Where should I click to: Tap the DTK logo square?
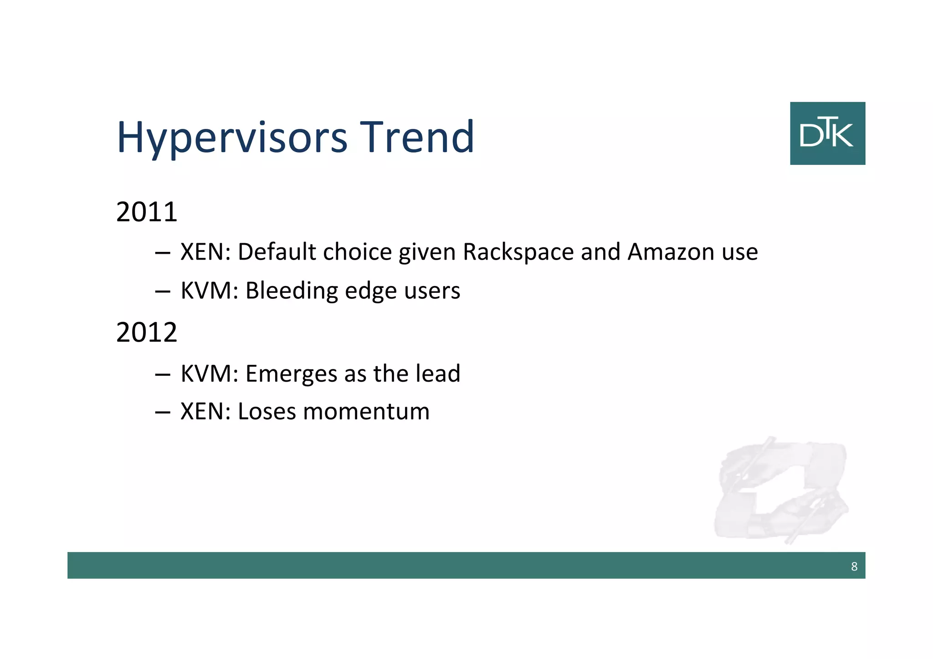(x=827, y=133)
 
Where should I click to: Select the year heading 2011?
(x=146, y=212)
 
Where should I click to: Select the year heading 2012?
(x=146, y=332)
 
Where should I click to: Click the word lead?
(x=438, y=373)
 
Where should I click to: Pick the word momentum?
(x=366, y=412)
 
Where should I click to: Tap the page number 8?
(x=854, y=567)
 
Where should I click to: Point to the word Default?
(x=277, y=252)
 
